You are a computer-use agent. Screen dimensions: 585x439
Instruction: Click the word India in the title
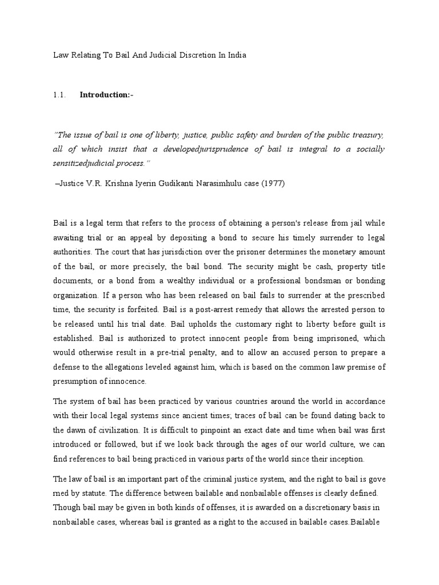tap(236, 55)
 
